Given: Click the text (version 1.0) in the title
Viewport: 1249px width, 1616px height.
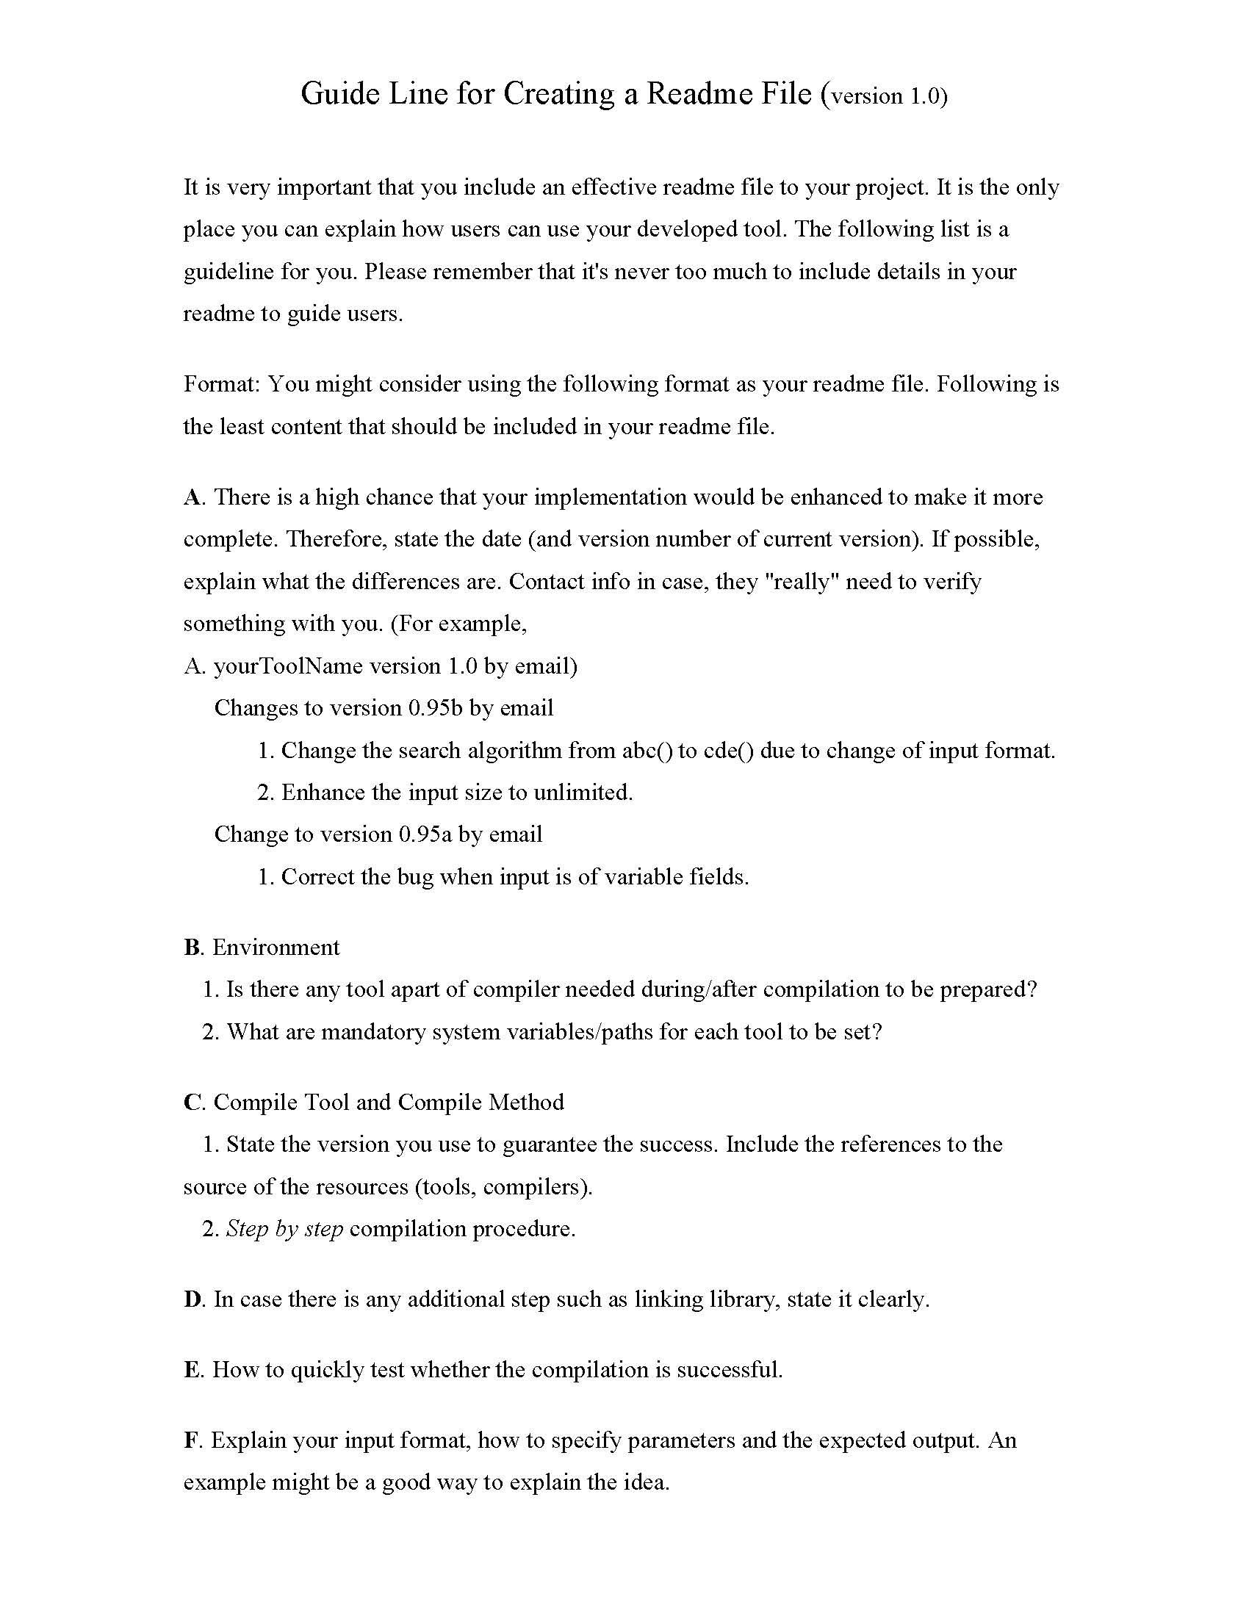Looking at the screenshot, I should pos(884,95).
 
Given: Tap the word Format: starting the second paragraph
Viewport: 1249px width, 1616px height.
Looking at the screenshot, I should pos(222,384).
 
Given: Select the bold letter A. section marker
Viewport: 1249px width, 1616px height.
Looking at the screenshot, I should pos(193,497).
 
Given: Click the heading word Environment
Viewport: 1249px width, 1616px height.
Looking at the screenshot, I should pos(276,947).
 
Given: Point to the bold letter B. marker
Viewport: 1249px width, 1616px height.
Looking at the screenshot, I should pos(193,947).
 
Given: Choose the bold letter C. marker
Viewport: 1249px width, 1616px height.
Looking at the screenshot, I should pos(193,1102).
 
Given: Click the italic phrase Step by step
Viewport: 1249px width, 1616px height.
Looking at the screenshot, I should pos(284,1229).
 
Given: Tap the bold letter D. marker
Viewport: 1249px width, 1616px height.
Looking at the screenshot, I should pos(193,1299).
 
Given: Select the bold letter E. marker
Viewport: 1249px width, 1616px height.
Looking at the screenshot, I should pos(193,1370).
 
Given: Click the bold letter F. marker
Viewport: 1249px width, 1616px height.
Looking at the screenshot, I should pos(192,1440).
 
